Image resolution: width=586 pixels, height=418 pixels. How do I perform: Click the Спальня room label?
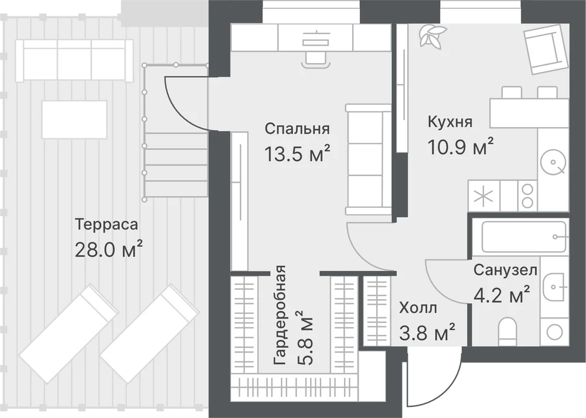(x=298, y=129)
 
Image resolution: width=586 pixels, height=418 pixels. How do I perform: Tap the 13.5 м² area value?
(x=298, y=153)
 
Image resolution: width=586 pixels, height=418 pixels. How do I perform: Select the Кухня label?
(x=450, y=122)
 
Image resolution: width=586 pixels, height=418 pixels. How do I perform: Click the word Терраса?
(x=107, y=225)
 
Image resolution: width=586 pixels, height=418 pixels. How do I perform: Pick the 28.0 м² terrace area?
(x=109, y=249)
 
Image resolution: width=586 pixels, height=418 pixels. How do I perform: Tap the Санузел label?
(x=506, y=270)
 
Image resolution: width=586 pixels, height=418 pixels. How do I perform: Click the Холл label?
(x=418, y=309)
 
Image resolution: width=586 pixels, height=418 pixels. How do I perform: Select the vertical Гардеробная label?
(x=280, y=316)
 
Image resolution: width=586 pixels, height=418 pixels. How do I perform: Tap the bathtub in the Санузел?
(x=524, y=237)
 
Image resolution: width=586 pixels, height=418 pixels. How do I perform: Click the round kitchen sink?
(x=553, y=162)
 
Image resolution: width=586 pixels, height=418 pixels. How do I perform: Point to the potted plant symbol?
(x=432, y=36)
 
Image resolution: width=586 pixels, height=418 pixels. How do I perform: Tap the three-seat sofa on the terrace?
(x=74, y=60)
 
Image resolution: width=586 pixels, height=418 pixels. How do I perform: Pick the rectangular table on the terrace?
(x=74, y=119)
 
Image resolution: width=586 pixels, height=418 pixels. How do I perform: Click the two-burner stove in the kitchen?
(x=527, y=196)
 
